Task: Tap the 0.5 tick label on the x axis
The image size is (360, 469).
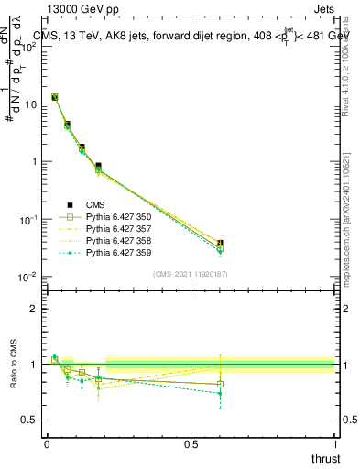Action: coord(191,444)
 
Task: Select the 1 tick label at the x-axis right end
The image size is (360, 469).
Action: coord(334,444)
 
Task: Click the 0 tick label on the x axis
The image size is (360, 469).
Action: coord(47,444)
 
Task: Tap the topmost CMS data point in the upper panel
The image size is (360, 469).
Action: coord(55,97)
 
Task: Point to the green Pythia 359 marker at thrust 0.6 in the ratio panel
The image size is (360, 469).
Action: coord(220,393)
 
